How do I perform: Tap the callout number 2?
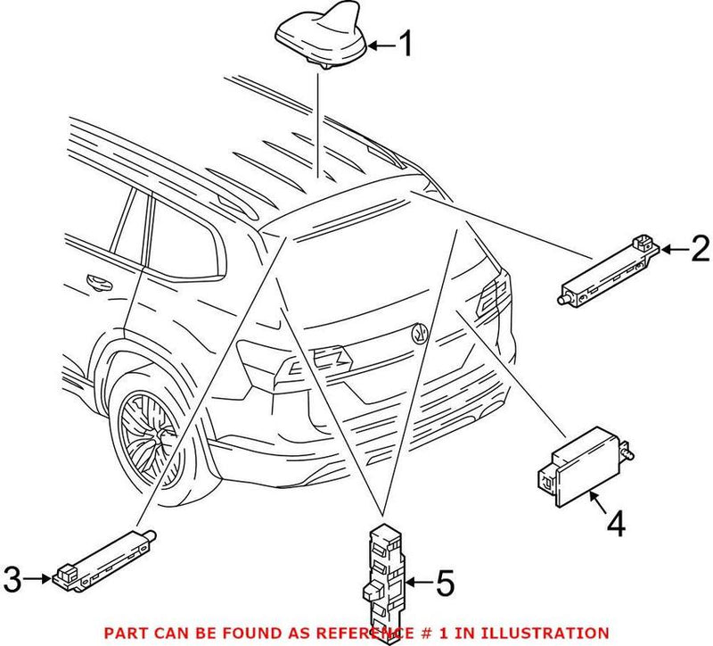click(701, 250)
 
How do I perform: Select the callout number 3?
click(12, 580)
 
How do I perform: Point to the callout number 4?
click(615, 526)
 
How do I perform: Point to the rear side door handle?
click(94, 284)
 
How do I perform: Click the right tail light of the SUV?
click(490, 299)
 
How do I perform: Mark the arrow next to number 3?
click(38, 580)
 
